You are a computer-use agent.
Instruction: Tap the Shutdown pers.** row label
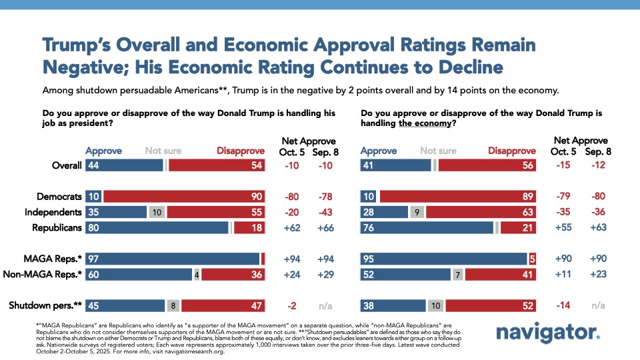45,305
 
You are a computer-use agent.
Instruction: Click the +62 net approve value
293,227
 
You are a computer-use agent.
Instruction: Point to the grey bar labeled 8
173,305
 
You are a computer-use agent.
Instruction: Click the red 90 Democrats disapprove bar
185,197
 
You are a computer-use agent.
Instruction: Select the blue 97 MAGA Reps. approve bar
173,258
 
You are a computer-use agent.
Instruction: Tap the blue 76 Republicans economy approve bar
427,227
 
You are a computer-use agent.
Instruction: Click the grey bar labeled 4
197,273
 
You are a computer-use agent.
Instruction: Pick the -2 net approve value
293,305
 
